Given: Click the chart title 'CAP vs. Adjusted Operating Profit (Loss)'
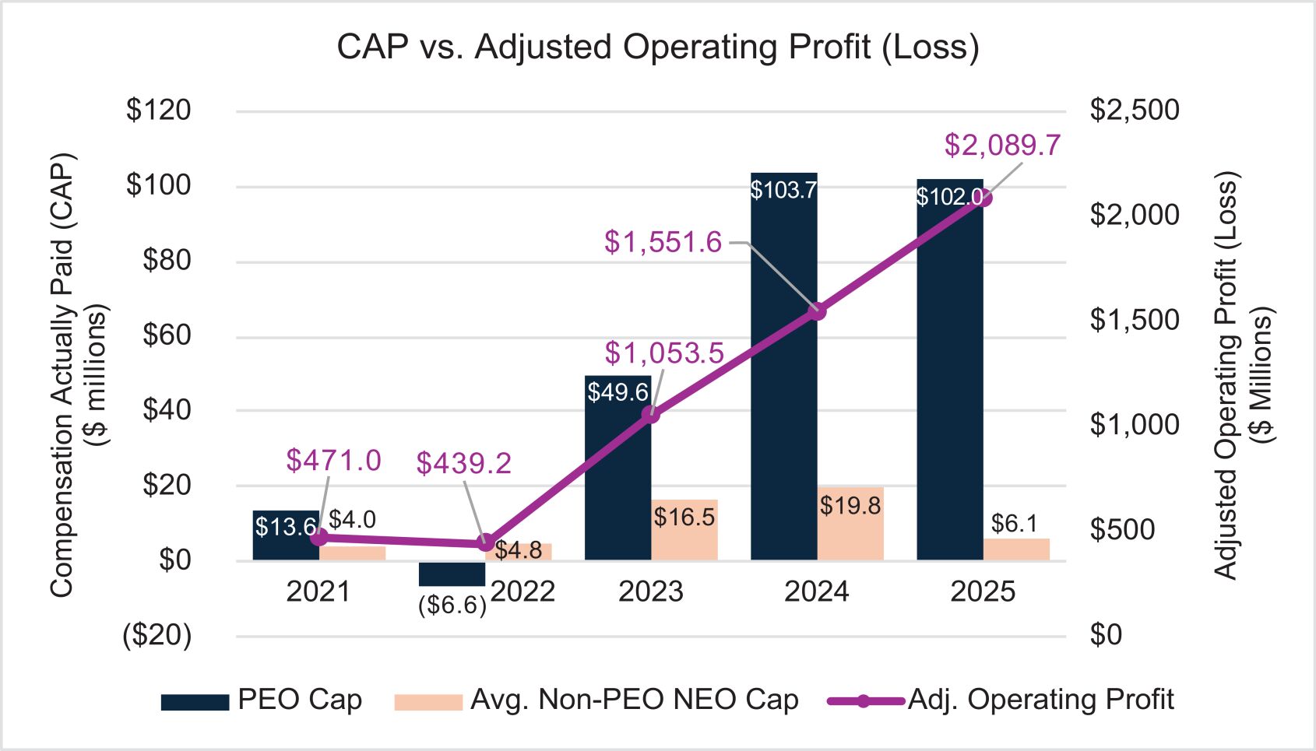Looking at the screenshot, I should pyautogui.click(x=657, y=47).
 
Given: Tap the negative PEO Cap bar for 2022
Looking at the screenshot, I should pyautogui.click(x=452, y=574).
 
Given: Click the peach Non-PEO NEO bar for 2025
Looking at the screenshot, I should pyautogui.click(x=1016, y=549).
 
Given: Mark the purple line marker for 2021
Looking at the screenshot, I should pyautogui.click(x=318, y=537).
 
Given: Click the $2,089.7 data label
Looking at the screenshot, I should pyautogui.click(x=1002, y=146).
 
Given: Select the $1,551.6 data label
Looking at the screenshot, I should pyautogui.click(x=663, y=242).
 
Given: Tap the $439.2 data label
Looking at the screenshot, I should pyautogui.click(x=463, y=463).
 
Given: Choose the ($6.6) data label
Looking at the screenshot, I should pyautogui.click(x=452, y=605).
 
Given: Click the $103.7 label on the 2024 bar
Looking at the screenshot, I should pyautogui.click(x=783, y=190).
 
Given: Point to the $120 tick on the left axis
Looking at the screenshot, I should pyautogui.click(x=158, y=110).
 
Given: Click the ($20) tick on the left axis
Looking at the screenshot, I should pyautogui.click(x=157, y=635).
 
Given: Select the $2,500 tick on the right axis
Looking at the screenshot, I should pyautogui.click(x=1134, y=110).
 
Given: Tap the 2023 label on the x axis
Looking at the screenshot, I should pyautogui.click(x=650, y=592).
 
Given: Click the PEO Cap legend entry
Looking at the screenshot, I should pyautogui.click(x=262, y=700).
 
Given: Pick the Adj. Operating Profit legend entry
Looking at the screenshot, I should pyautogui.click(x=1001, y=700).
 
